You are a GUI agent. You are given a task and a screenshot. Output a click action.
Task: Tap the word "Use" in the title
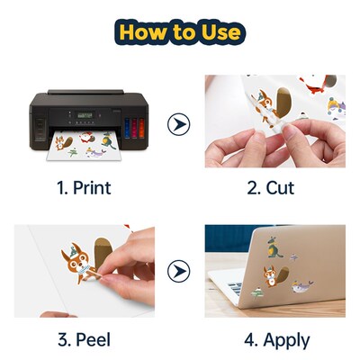[x=220, y=33]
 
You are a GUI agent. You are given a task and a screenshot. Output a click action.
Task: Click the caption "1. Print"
[x=84, y=190]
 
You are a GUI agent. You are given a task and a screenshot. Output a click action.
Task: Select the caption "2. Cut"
[x=273, y=190]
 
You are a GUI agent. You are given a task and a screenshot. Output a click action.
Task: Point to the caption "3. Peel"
[x=84, y=340]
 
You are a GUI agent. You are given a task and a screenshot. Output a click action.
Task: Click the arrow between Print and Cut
[x=179, y=121]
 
